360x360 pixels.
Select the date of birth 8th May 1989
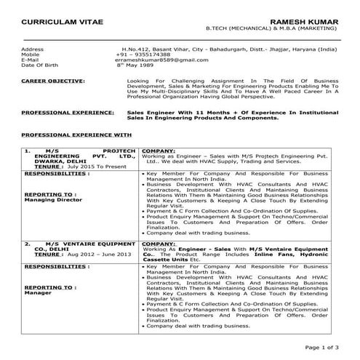click(137, 65)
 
